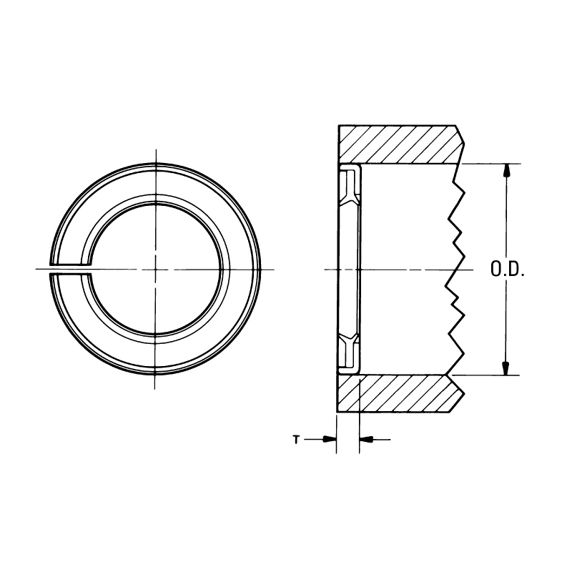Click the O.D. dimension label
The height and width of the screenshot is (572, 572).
point(508,270)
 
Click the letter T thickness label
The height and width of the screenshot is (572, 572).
point(295,440)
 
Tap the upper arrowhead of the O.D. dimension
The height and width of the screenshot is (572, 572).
point(506,170)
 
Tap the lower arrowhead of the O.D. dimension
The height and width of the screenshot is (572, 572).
point(506,369)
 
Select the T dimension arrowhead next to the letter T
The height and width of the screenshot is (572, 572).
point(330,440)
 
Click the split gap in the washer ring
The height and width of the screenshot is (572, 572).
point(71,269)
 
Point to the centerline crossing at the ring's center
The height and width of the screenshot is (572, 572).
point(155,269)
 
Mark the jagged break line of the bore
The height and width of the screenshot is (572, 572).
point(453,270)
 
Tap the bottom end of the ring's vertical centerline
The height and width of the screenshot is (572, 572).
point(155,389)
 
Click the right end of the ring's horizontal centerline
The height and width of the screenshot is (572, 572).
point(275,269)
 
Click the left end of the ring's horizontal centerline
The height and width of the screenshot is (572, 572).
point(35,269)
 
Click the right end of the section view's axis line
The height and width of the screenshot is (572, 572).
point(474,270)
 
